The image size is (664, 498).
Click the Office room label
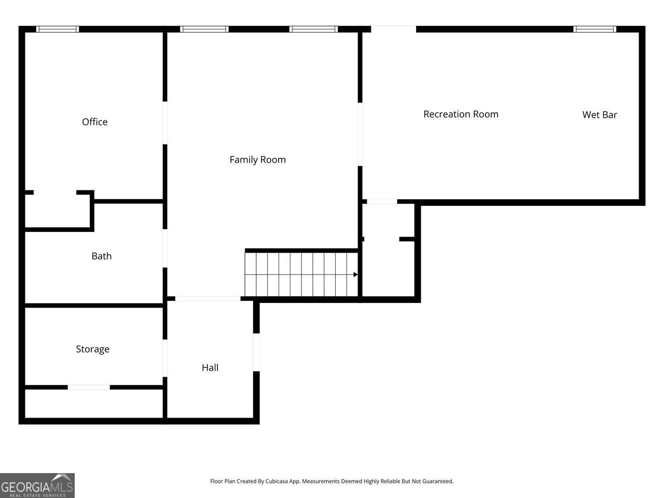pos(95,122)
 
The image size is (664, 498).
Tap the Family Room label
pos(257,160)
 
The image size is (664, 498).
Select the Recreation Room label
pos(461,114)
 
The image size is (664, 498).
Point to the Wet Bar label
pos(600,115)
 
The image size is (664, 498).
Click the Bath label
pos(102,256)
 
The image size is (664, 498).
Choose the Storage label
pos(92,349)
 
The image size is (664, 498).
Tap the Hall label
pos(210,368)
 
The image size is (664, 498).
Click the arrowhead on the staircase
pos(355,274)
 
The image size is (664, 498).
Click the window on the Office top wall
pos(58,29)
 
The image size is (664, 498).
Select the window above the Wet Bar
pos(594,29)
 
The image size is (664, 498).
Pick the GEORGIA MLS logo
pos(37,486)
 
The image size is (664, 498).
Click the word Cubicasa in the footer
pos(276,481)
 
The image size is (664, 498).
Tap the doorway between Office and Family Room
pos(165,123)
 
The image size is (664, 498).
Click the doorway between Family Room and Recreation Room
pos(360,134)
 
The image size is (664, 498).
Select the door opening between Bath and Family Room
pos(165,248)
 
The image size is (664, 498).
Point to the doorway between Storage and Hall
pos(165,358)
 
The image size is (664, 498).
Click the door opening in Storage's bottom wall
pos(89,387)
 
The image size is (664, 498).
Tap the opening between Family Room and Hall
pos(208,299)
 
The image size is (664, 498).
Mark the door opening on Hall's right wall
pos(256,352)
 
